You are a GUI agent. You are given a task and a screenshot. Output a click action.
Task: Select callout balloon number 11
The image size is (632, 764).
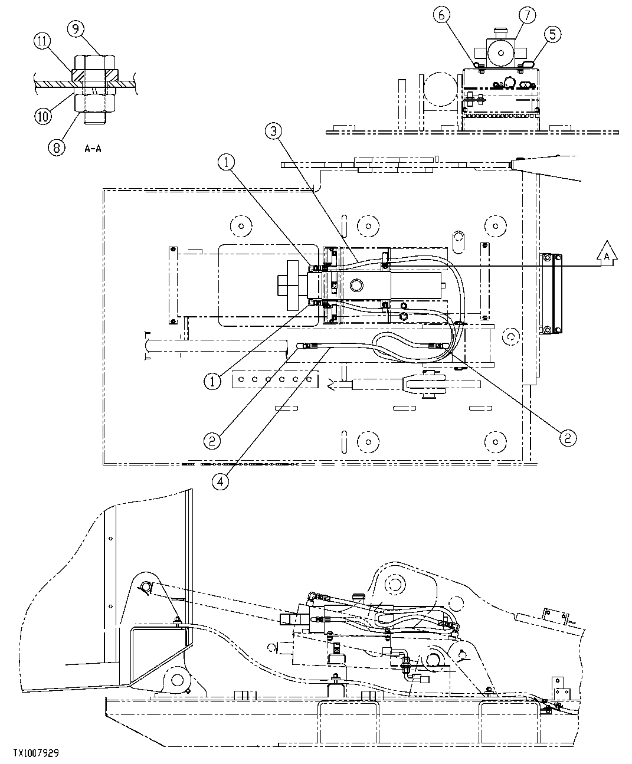(x=42, y=42)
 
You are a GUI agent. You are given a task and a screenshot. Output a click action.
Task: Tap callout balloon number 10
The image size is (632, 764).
(x=42, y=116)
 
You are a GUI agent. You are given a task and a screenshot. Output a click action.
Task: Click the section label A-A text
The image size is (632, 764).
(x=92, y=149)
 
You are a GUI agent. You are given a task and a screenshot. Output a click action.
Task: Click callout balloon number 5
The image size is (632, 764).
(x=552, y=34)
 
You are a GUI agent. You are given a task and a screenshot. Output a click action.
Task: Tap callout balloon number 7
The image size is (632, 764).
(x=527, y=16)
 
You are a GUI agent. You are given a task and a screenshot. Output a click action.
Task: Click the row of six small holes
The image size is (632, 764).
(x=275, y=380)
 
